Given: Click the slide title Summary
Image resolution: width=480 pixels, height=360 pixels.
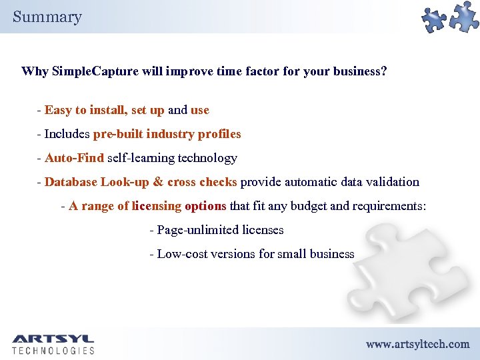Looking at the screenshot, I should [47, 17].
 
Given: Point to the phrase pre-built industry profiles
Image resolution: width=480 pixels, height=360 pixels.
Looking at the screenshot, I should [167, 134].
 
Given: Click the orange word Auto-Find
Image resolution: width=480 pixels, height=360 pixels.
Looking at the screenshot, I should [74, 158].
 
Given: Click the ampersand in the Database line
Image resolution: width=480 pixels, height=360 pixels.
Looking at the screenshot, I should [158, 182].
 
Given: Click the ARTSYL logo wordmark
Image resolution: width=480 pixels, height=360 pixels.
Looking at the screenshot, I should [53, 339].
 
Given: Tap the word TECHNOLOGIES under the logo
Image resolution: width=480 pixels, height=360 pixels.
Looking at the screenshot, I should [53, 351].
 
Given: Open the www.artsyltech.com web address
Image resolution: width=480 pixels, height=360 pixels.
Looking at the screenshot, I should [417, 344].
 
